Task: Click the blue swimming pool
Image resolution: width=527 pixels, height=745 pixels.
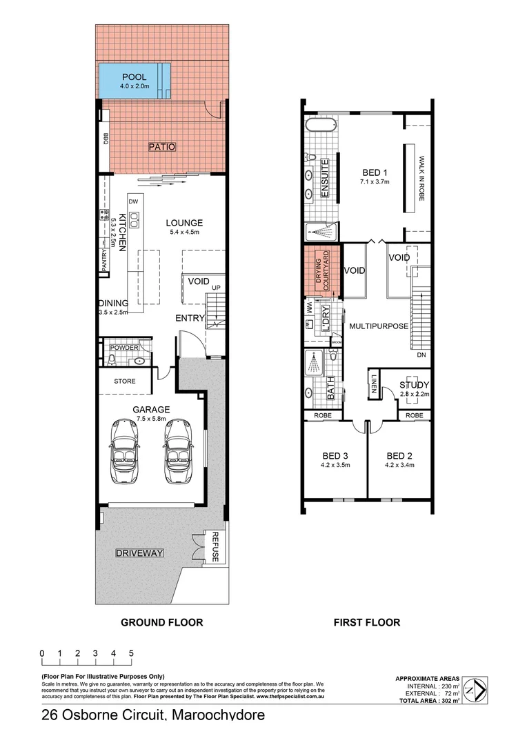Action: tap(135, 81)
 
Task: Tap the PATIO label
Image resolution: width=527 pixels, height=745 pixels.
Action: tap(162, 147)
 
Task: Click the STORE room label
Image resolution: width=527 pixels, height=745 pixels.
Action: tap(124, 381)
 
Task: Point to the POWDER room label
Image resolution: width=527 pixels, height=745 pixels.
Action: tap(124, 348)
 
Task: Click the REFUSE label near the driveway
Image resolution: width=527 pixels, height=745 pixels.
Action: tap(215, 547)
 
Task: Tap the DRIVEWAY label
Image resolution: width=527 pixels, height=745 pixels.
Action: tap(139, 553)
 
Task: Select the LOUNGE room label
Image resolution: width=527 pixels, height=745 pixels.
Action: tap(184, 223)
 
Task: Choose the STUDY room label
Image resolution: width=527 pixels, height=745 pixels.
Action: tap(415, 385)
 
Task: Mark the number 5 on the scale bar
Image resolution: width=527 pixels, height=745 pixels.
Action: tap(130, 653)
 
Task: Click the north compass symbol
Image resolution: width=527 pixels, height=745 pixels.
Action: tap(475, 688)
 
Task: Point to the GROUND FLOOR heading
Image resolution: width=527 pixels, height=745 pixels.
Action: tap(162, 622)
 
